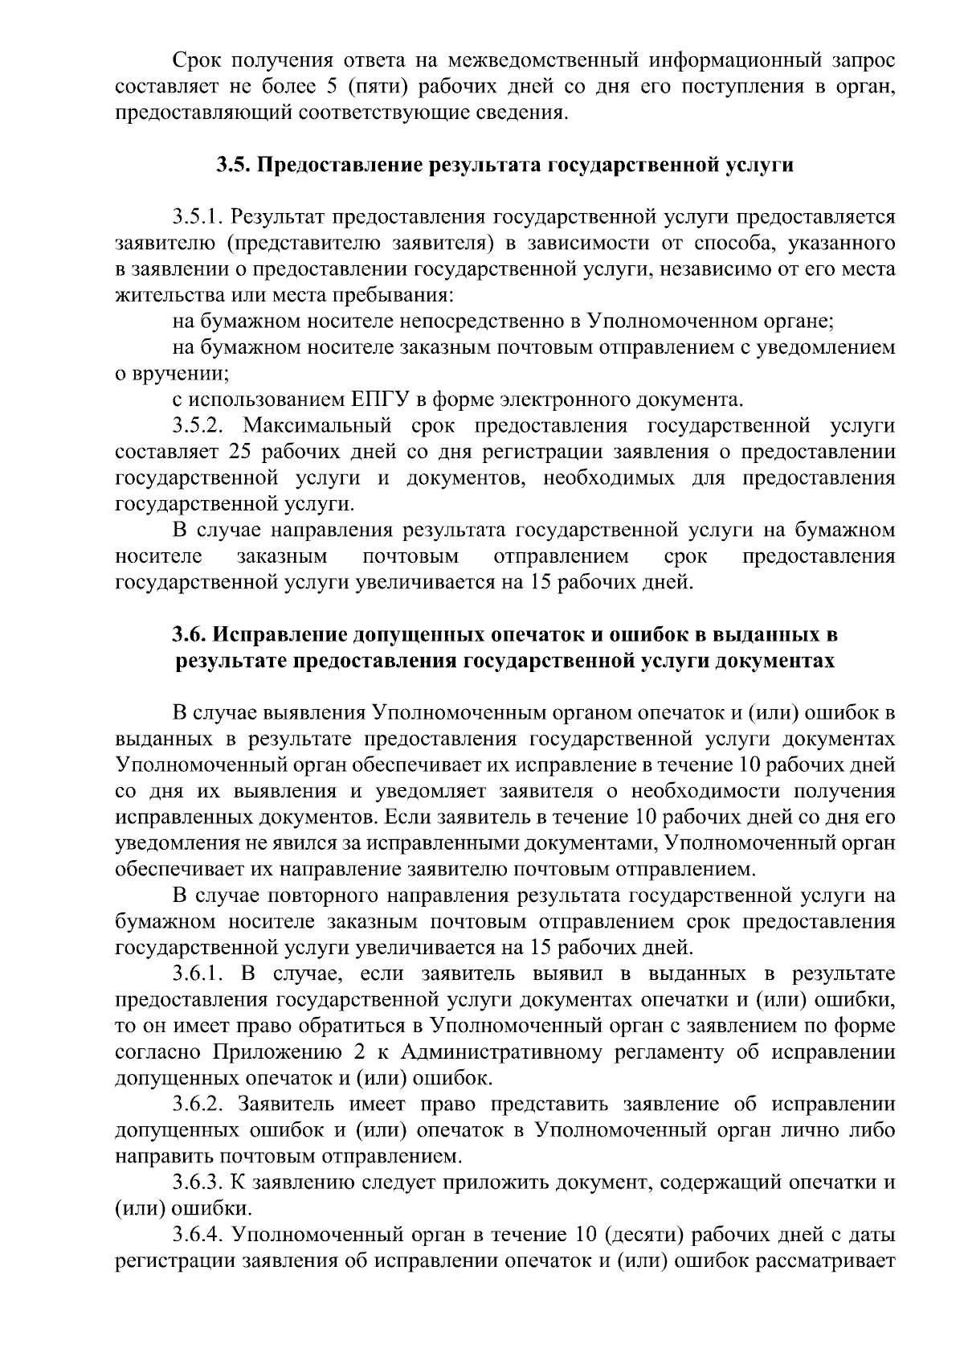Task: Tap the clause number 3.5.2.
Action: pyautogui.click(x=200, y=425)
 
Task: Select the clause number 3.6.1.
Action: pyautogui.click(x=200, y=974)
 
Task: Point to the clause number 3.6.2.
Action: pyautogui.click(x=200, y=1105)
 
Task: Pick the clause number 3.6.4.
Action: pyautogui.click(x=200, y=1235)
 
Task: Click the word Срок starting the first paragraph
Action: pyautogui.click(x=196, y=61)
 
